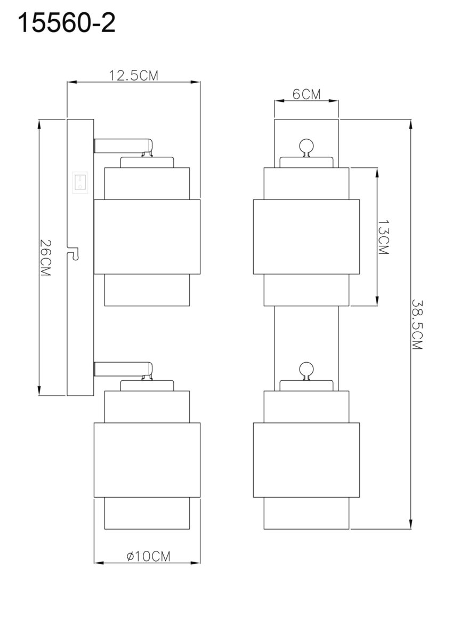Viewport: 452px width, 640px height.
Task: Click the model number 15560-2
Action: click(x=67, y=23)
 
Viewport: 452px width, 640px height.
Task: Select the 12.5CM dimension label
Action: click(x=134, y=76)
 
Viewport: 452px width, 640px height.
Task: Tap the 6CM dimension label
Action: click(x=306, y=94)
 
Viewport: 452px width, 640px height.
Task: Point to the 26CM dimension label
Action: click(x=46, y=258)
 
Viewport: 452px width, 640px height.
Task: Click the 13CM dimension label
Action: click(x=383, y=237)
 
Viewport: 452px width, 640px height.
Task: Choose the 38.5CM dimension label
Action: click(x=417, y=325)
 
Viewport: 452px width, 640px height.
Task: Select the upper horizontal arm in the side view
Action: click(x=123, y=145)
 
